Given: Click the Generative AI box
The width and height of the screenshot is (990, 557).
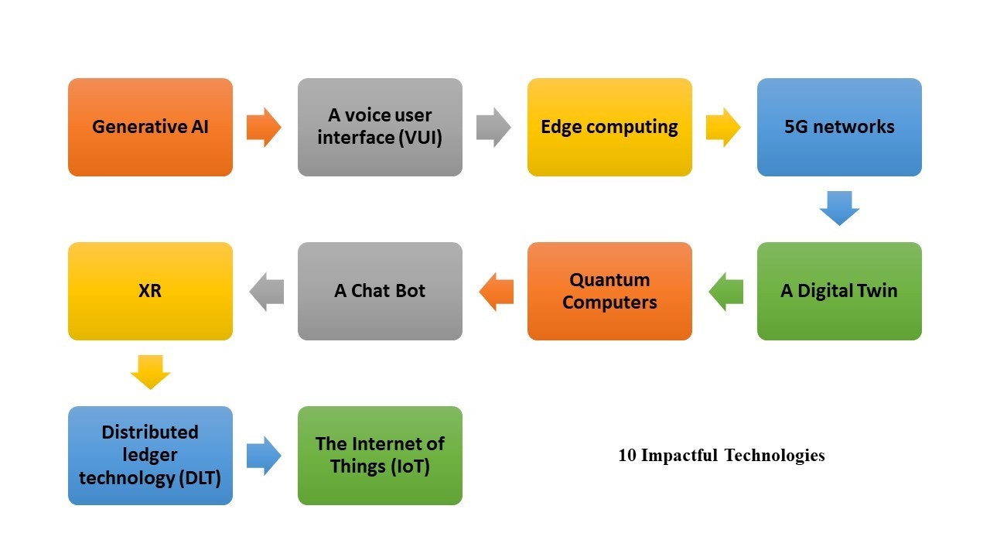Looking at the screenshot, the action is click(x=150, y=128).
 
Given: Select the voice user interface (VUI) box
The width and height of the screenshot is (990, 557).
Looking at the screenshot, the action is click(x=380, y=128).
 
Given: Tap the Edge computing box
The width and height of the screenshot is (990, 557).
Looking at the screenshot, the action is click(x=609, y=128).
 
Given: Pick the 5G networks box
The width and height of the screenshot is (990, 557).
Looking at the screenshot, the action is click(x=839, y=128).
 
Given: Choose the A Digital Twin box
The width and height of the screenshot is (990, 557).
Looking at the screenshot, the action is click(x=839, y=292).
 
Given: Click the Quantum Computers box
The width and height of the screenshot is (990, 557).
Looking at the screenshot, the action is click(x=609, y=292).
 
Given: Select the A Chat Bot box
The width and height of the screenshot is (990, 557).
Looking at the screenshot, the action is click(x=380, y=292).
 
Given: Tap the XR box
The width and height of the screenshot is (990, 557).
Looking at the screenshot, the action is click(x=150, y=292).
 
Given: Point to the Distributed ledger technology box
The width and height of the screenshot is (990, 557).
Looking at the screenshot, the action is click(x=150, y=456).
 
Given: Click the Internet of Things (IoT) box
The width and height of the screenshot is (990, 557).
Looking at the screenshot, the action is click(x=380, y=456).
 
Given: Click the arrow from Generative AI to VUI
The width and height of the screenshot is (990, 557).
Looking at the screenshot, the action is click(x=264, y=128).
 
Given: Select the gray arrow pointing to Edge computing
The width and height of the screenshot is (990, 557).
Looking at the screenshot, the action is click(x=493, y=128).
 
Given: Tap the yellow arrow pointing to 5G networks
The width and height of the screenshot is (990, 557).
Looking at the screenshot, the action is click(x=723, y=128).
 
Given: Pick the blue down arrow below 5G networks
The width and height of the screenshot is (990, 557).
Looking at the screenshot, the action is click(x=839, y=208).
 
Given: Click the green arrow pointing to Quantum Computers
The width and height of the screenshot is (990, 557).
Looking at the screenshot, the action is click(x=725, y=292).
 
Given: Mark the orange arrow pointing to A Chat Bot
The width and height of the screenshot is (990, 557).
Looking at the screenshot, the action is click(x=497, y=292).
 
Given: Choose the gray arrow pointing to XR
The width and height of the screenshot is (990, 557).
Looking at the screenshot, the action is click(x=267, y=292).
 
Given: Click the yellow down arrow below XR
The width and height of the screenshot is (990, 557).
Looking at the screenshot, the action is click(x=150, y=372).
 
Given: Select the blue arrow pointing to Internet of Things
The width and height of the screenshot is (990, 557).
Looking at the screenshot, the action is click(x=264, y=456).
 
